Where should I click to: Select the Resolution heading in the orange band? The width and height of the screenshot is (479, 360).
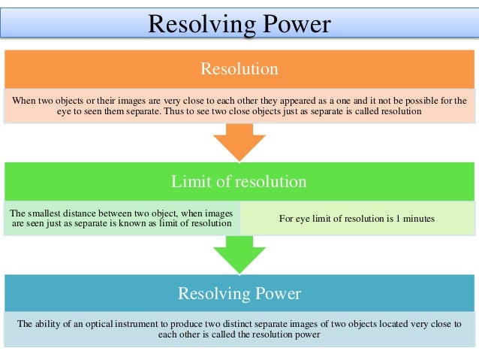tap(239, 69)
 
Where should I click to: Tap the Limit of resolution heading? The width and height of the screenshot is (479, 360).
tap(239, 181)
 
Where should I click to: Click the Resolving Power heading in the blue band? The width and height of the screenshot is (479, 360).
tap(239, 293)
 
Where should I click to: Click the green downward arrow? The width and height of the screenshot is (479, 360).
tap(239, 254)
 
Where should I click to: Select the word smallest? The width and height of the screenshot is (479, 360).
tap(44, 213)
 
